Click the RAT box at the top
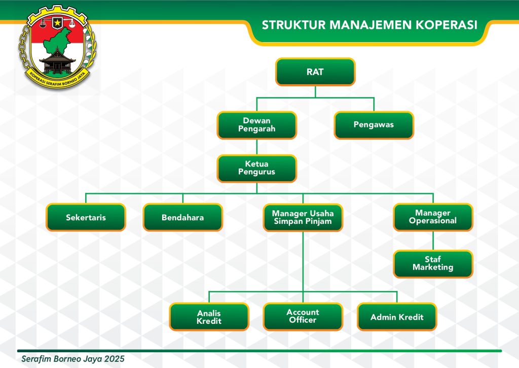315,72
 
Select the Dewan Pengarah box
256,125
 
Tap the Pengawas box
374,125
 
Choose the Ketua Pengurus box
256,168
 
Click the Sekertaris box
86,217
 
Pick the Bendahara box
182,217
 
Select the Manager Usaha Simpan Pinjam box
303,217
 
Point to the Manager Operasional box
433,217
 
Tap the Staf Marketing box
433,263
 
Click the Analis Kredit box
209,317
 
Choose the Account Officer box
303,316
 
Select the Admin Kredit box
397,317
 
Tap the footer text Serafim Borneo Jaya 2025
73,358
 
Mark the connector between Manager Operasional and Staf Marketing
433,241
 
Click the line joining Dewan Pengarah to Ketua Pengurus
256,147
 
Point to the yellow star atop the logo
57,23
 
